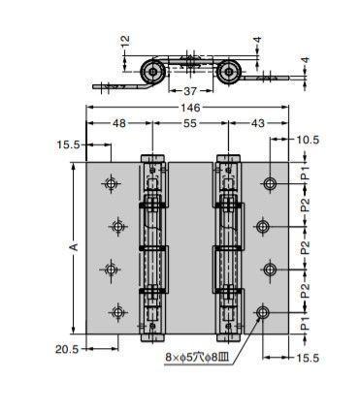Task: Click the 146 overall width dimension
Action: (x=190, y=108)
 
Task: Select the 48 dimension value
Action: (x=119, y=123)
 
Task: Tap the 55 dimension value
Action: (x=190, y=123)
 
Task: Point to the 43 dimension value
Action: (x=257, y=123)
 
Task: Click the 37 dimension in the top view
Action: (x=190, y=91)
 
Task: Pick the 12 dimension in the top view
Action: (x=125, y=41)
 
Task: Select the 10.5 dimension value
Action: (x=307, y=140)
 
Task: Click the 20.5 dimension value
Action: (x=67, y=349)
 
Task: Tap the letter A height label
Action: (x=74, y=247)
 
